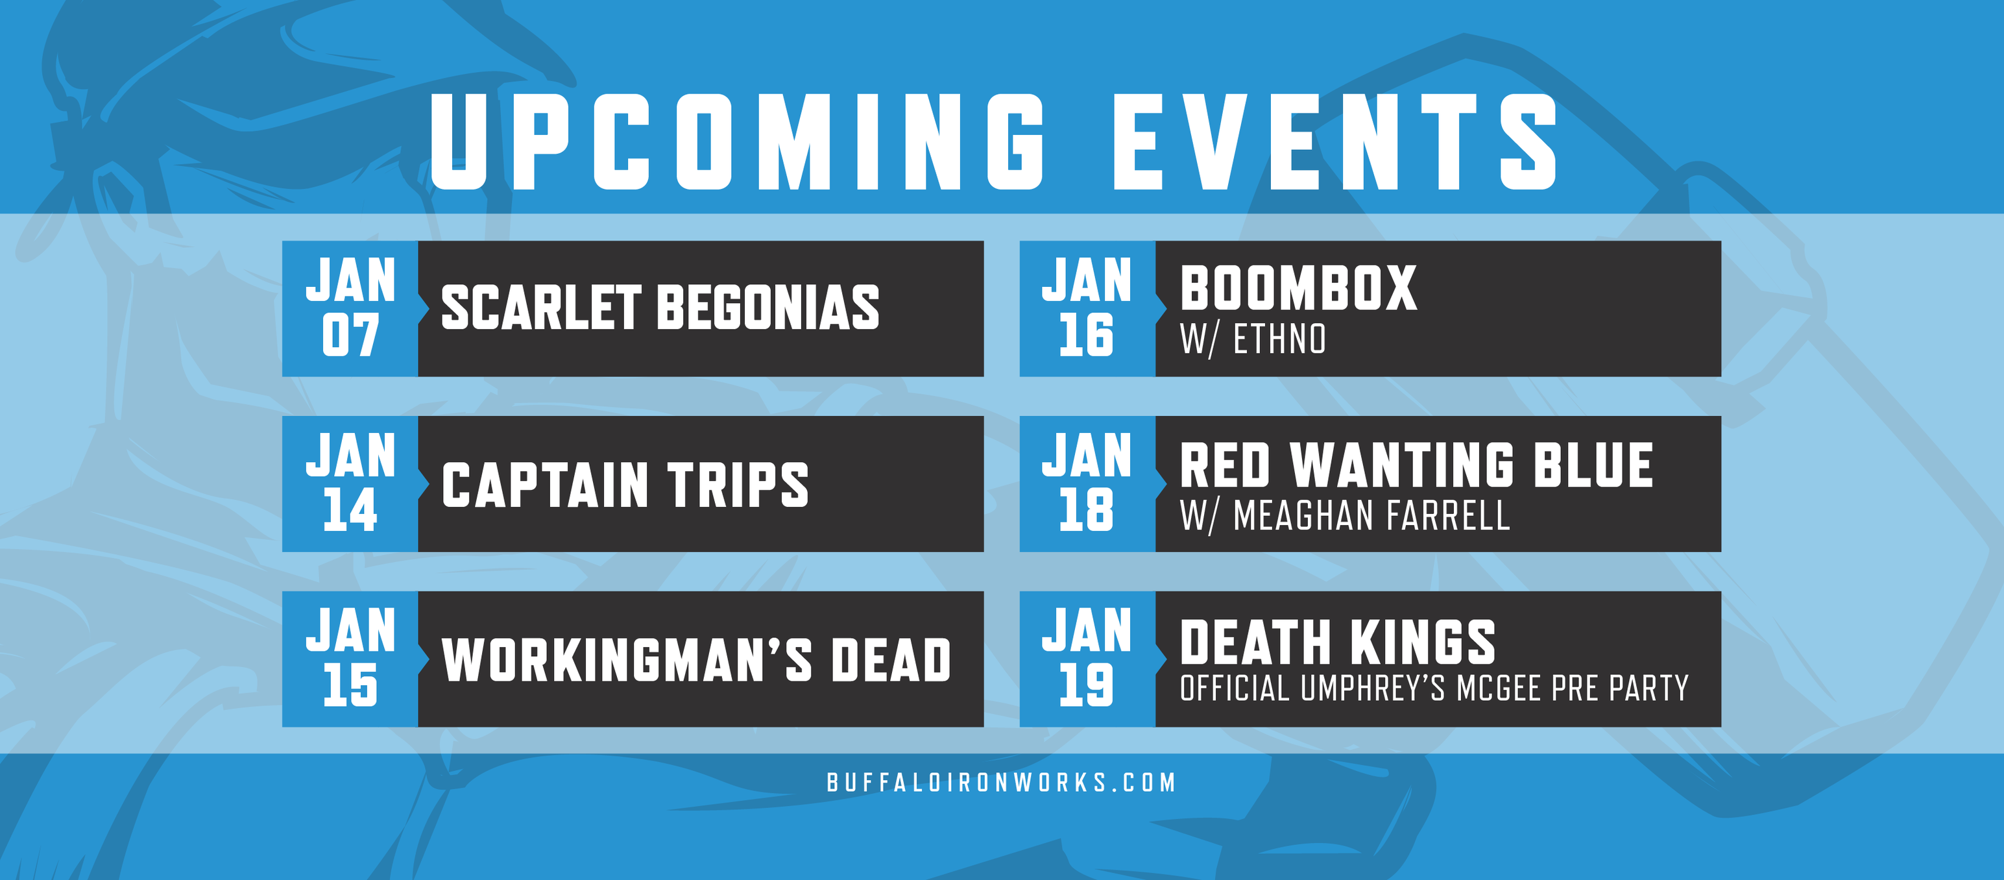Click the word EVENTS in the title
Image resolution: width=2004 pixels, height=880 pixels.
click(x=1335, y=141)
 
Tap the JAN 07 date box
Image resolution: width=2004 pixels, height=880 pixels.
click(x=350, y=309)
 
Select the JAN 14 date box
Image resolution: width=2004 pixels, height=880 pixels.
click(x=350, y=484)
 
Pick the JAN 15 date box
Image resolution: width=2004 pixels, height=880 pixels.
click(x=350, y=659)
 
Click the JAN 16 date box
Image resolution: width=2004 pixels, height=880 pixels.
click(x=1087, y=309)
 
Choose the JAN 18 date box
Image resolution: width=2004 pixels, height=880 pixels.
click(x=1087, y=484)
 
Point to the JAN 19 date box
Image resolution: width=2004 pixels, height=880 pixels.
click(x=1087, y=659)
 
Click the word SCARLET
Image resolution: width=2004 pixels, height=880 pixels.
click(x=540, y=308)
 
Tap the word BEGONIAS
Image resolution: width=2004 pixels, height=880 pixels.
click(x=768, y=308)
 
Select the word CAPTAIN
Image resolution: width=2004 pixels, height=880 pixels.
click(x=544, y=485)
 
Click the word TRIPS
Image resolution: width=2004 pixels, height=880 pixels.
click(x=738, y=485)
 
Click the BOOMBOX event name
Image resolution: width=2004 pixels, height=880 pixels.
click(x=1298, y=289)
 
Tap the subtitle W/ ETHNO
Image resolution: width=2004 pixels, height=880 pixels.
click(x=1253, y=340)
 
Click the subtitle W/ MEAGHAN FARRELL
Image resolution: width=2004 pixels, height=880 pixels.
click(x=1345, y=516)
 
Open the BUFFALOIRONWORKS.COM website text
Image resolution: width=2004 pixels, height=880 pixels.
click(x=1001, y=783)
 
